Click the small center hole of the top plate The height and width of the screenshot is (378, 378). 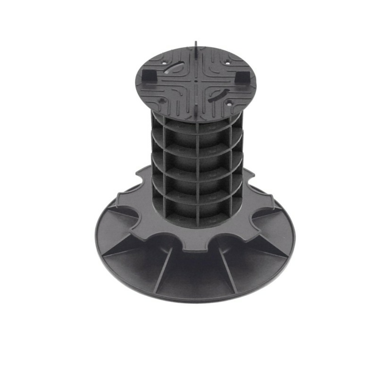[197, 80]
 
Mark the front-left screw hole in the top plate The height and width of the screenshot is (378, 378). [162, 101]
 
